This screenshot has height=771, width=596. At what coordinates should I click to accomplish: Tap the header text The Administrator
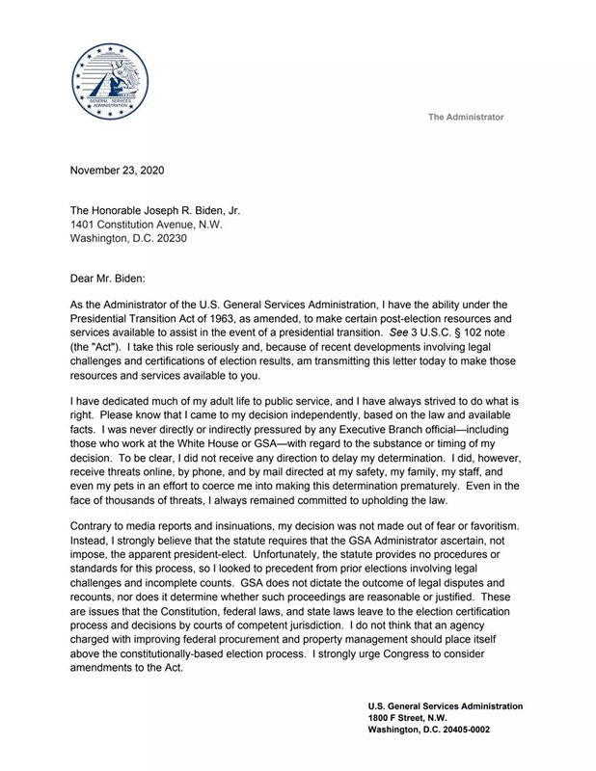pos(466,117)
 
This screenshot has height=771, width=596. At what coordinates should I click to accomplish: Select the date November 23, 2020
pos(117,171)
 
